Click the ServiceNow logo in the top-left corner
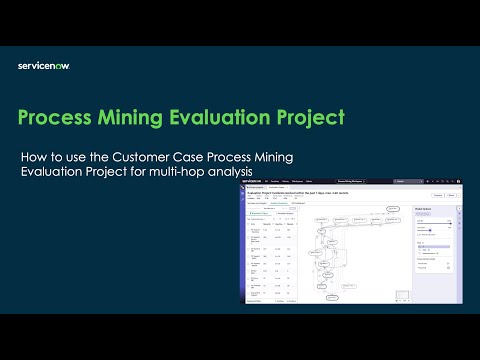coord(43,66)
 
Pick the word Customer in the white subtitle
coord(152,157)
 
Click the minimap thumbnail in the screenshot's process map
coord(398,293)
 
